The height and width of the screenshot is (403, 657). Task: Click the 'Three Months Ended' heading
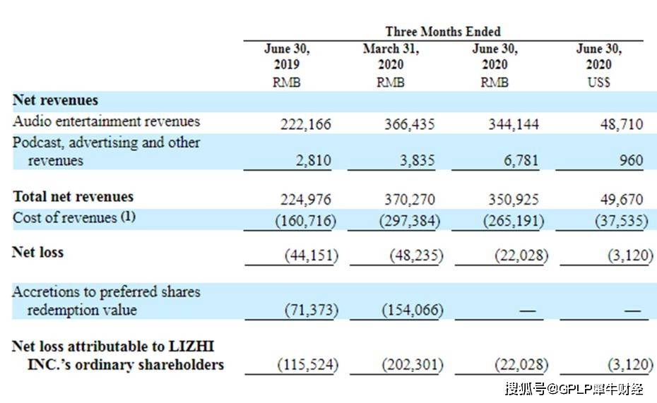tap(443, 32)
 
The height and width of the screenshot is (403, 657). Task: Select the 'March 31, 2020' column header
tap(391, 57)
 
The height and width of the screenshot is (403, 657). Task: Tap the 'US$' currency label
tap(598, 82)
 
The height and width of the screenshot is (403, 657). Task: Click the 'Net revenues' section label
tap(55, 100)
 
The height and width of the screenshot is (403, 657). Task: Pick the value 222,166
tap(305, 124)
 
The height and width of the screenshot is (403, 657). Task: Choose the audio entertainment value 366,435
tap(409, 124)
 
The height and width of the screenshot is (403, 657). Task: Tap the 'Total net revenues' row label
tap(73, 197)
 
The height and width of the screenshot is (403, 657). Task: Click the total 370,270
tap(409, 200)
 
